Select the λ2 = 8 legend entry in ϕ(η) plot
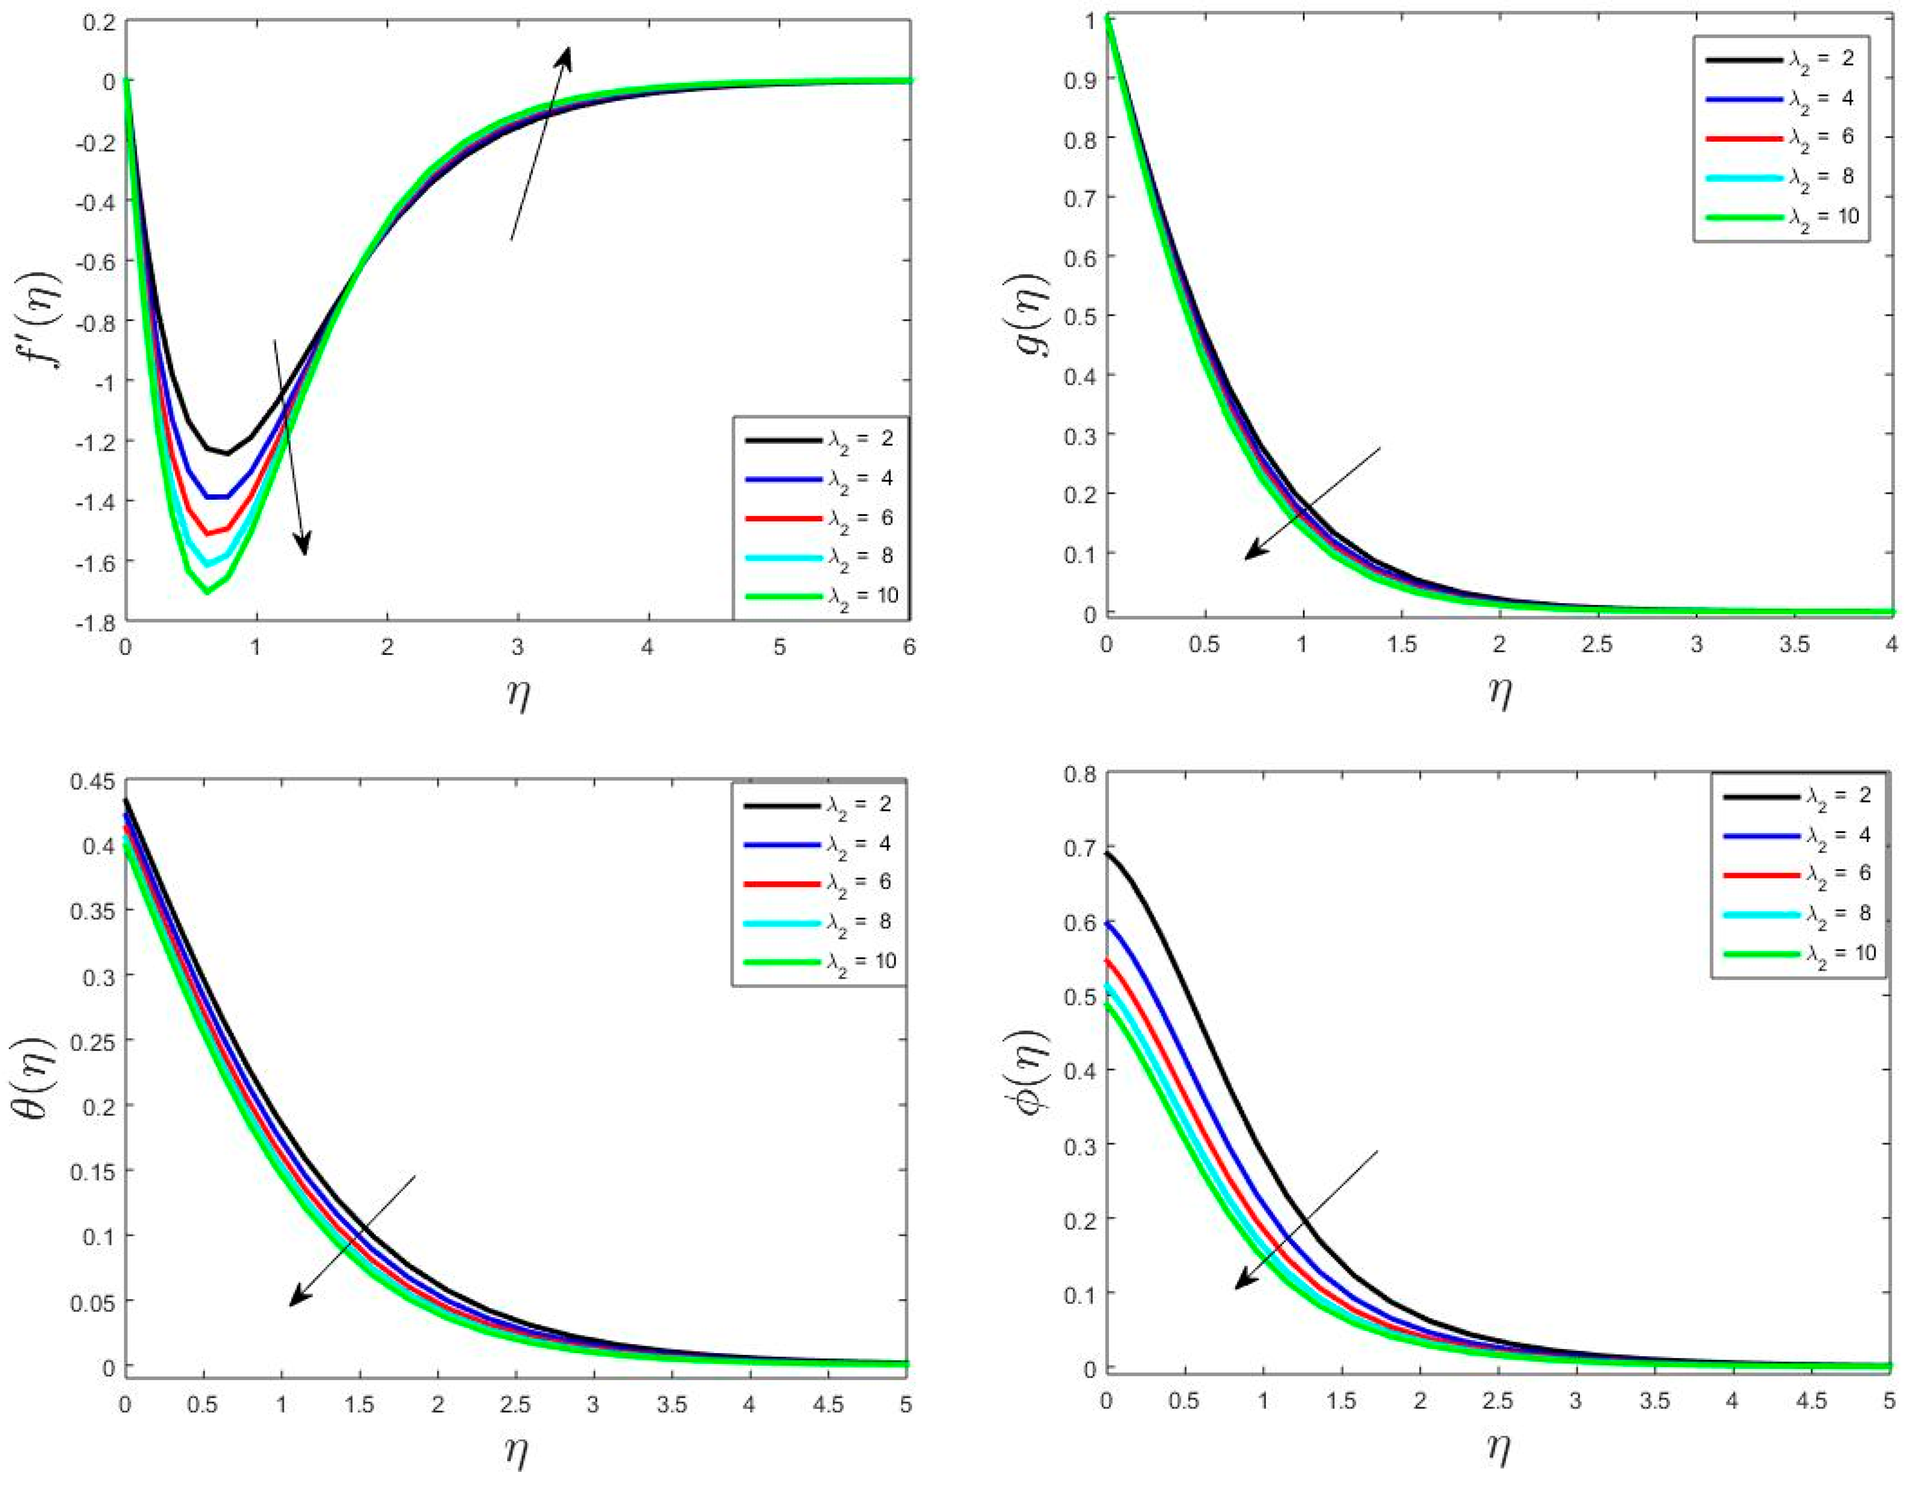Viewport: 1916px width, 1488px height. tap(1799, 913)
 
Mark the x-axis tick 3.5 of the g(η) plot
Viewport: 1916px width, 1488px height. tap(1794, 645)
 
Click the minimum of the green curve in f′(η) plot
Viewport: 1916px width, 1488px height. tap(207, 592)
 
